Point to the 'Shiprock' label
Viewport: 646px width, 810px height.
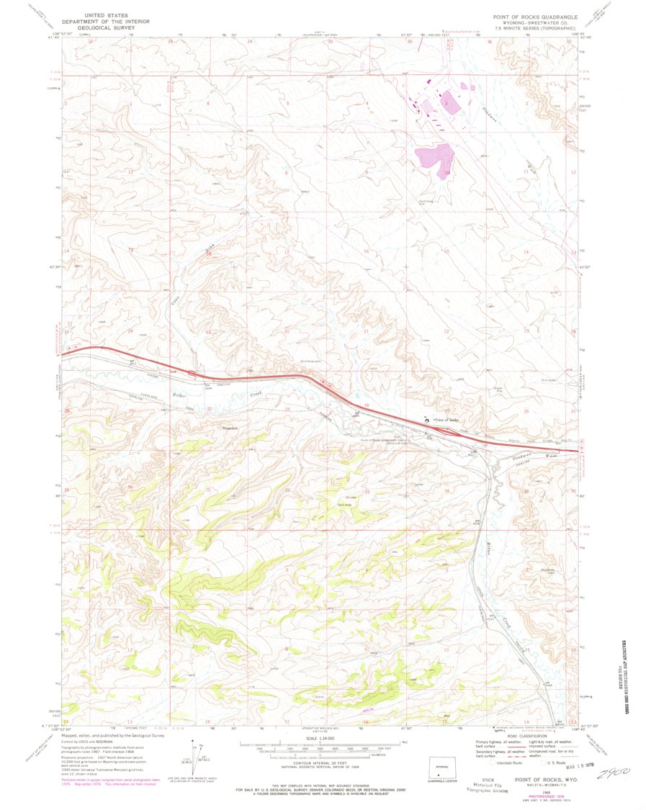pyautogui.click(x=228, y=428)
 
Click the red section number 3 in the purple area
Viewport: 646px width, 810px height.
pyautogui.click(x=447, y=104)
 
